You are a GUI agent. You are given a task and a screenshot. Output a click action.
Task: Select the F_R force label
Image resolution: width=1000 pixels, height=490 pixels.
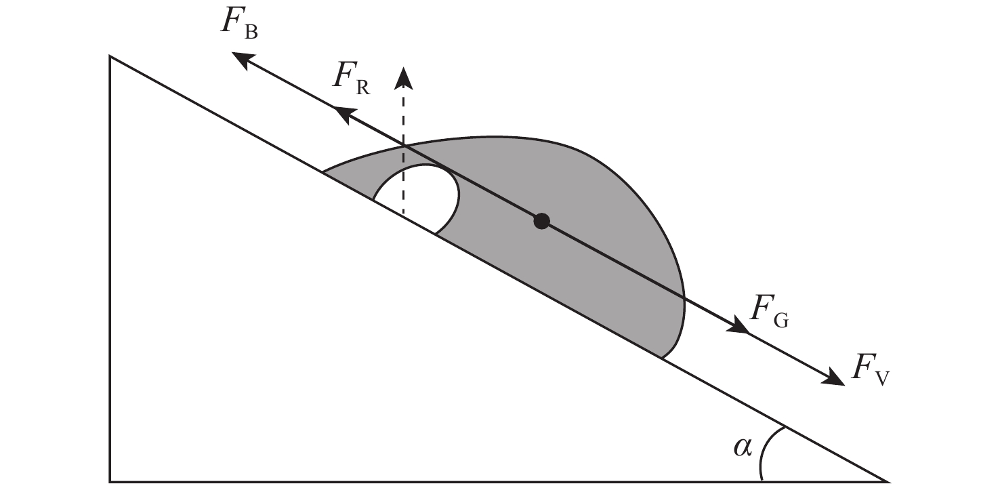pyautogui.click(x=352, y=79)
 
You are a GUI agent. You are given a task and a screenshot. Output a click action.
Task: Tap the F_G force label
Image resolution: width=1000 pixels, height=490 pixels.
pyautogui.click(x=769, y=311)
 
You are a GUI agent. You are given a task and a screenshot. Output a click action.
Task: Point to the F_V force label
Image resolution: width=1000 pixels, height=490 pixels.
pyautogui.click(x=870, y=369)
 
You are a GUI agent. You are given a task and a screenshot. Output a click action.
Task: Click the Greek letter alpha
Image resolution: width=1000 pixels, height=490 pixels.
pyautogui.click(x=743, y=447)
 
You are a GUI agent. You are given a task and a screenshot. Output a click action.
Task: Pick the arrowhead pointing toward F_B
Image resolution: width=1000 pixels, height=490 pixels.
pyautogui.click(x=243, y=60)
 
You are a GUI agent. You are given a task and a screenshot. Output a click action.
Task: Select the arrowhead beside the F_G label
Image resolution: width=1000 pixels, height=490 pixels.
pyautogui.click(x=738, y=324)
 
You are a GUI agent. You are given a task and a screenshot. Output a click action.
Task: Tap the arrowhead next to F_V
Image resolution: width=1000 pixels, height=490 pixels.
pyautogui.click(x=833, y=377)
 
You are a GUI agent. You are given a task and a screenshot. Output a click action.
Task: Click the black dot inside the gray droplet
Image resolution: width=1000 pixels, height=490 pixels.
pyautogui.click(x=541, y=221)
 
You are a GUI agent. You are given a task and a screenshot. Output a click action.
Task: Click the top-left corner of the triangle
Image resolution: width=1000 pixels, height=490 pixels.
pyautogui.click(x=110, y=56)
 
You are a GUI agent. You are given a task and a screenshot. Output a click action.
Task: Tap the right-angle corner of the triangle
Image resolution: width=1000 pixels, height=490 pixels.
pyautogui.click(x=110, y=482)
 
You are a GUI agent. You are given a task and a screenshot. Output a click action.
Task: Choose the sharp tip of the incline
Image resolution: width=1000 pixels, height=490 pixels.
pyautogui.click(x=888, y=482)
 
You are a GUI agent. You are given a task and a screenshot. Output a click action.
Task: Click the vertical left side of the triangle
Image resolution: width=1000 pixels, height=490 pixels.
pyautogui.click(x=110, y=269)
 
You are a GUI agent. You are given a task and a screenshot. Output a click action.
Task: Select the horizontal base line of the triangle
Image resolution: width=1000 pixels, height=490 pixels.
pyautogui.click(x=499, y=482)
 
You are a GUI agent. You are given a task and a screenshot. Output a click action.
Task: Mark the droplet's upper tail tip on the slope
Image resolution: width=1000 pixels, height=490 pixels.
pyautogui.click(x=323, y=171)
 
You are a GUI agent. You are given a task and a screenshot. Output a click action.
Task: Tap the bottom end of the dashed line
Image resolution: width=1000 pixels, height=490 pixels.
pyautogui.click(x=404, y=216)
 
